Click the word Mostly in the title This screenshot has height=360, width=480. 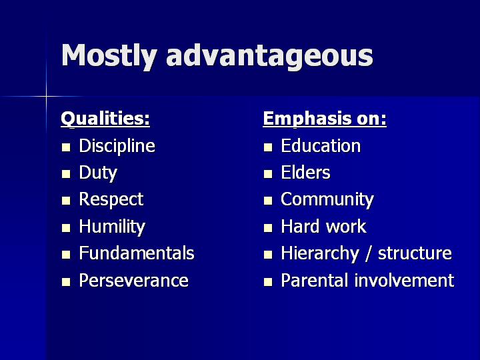(109, 56)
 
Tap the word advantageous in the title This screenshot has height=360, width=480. (270, 57)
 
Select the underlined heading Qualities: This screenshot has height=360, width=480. (105, 119)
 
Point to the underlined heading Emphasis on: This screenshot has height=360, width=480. (325, 119)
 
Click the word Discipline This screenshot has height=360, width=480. (117, 146)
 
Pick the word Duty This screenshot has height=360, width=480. (98, 173)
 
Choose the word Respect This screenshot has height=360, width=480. (111, 200)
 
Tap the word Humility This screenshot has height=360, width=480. (112, 227)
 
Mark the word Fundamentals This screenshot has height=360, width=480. (137, 253)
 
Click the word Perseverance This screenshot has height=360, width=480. (134, 281)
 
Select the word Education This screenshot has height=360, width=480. (321, 146)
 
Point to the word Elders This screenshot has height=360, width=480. (305, 173)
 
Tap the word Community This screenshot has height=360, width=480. (327, 200)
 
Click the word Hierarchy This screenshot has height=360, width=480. (319, 254)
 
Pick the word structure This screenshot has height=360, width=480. (415, 254)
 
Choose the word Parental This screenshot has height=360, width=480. (315, 281)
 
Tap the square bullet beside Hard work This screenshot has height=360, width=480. (268, 228)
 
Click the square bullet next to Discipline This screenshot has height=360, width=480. (66, 147)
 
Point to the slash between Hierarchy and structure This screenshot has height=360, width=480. (368, 254)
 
